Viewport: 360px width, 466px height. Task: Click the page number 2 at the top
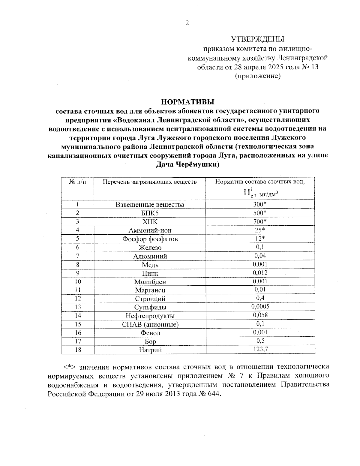pos(187,23)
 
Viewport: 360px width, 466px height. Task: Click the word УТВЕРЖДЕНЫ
pos(258,39)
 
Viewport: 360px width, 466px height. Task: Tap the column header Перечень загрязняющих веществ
pos(150,182)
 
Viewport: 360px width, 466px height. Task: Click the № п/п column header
pos(77,182)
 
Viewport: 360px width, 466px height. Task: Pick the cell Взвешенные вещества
pos(150,205)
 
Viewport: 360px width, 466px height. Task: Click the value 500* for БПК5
pos(260,213)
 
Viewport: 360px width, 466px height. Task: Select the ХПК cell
pos(150,222)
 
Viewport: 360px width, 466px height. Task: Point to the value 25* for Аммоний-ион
pos(260,230)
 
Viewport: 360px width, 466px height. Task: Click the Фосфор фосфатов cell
pos(150,239)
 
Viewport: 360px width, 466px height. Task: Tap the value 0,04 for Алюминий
pos(260,256)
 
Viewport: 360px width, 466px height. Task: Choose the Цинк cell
pos(150,273)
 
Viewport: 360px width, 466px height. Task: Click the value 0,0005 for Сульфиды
pos(260,306)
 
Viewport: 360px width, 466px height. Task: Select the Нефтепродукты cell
pos(150,316)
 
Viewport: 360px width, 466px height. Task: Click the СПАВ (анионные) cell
pos(150,324)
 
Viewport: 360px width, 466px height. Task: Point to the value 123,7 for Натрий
pos(260,349)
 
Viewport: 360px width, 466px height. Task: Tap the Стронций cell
pos(150,299)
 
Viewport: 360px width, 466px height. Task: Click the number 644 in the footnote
pos(213,394)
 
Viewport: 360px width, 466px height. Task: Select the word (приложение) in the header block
pos(258,76)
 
